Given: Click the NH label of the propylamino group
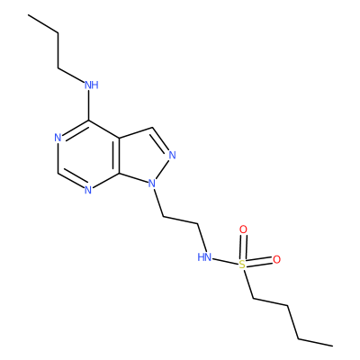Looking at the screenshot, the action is tap(92, 85).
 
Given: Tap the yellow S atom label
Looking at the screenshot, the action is tap(242, 265).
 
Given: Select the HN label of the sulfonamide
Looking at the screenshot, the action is tap(204, 257).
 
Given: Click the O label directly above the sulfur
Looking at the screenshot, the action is tap(243, 229).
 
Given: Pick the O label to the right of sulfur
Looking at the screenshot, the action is tap(276, 260).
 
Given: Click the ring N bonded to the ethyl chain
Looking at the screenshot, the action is tap(152, 183).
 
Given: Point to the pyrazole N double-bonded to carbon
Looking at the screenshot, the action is tap(172, 155).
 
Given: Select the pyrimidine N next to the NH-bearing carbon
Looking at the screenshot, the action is tap(58, 138).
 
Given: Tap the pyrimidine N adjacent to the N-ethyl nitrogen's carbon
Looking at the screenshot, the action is tap(88, 190).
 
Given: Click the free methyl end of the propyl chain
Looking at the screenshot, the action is tap(29, 15).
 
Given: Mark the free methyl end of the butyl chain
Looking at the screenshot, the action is tap(332, 346).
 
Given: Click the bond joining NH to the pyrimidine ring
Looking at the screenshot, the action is tap(88, 105).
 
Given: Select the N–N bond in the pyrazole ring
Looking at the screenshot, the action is tap(163, 168).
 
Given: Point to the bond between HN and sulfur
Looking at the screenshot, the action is tap(225, 261).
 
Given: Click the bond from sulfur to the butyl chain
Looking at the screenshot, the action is tap(248, 284).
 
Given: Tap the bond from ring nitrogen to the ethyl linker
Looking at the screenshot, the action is tap(158, 202).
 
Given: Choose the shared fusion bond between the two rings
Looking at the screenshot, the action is tap(119, 156).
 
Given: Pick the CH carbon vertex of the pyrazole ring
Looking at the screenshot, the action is tap(153, 128).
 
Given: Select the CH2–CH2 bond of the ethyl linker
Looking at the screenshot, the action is tap(180, 220).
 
